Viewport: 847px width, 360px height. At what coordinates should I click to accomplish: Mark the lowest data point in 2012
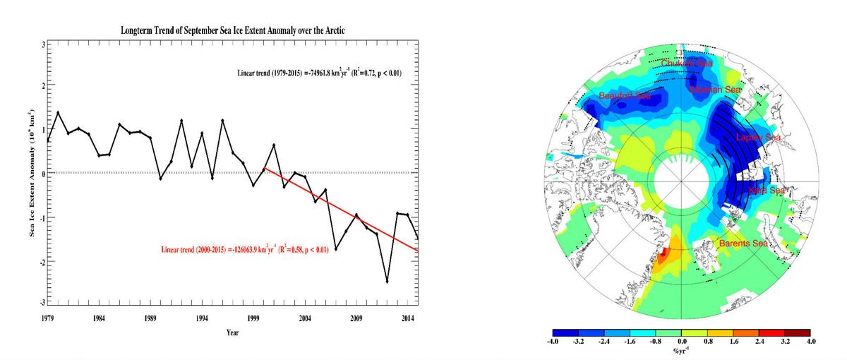(387, 282)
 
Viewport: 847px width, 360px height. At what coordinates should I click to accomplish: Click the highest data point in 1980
(58, 112)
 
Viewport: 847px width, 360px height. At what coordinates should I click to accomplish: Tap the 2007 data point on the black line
(335, 248)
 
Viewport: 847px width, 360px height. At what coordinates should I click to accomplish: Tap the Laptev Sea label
(758, 138)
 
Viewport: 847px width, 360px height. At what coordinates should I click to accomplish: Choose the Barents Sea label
(743, 244)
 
